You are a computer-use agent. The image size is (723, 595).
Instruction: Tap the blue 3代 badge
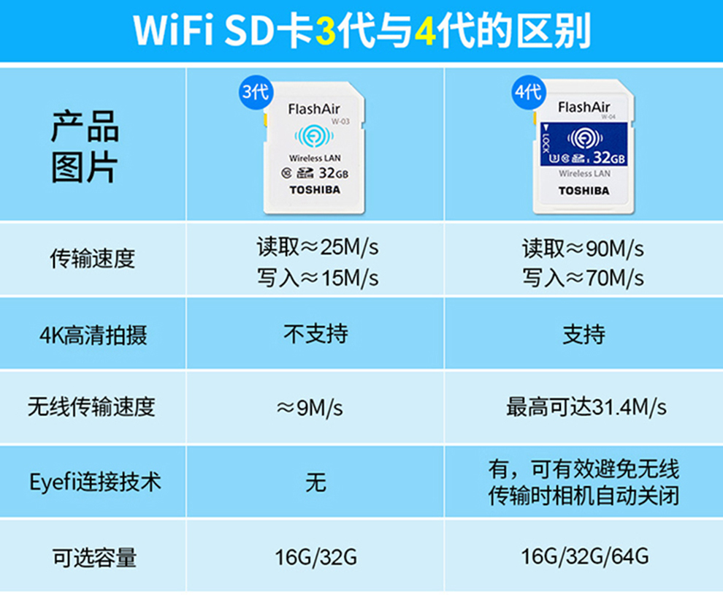(256, 92)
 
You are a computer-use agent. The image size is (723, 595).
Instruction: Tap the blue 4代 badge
(529, 92)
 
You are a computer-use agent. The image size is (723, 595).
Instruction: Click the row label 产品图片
(85, 147)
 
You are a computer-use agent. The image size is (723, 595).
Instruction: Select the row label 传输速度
(92, 259)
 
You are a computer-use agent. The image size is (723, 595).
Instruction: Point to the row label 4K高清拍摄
(93, 335)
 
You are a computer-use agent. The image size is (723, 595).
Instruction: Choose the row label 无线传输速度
(91, 407)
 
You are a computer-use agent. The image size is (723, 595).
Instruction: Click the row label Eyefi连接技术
(95, 482)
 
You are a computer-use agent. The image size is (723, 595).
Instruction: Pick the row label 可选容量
(94, 558)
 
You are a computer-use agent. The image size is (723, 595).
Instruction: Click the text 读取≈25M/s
(318, 247)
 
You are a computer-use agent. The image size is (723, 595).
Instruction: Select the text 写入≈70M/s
(583, 278)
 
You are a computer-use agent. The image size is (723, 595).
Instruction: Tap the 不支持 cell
(315, 334)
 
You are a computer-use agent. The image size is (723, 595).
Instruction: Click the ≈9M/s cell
(310, 408)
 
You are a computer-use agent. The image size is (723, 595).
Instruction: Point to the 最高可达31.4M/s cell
(586, 407)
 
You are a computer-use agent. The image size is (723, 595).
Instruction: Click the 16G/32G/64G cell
(585, 556)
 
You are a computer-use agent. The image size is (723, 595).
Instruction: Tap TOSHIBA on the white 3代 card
(315, 190)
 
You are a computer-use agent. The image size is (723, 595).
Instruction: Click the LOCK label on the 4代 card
(546, 140)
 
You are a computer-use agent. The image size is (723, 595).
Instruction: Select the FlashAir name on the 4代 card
(584, 107)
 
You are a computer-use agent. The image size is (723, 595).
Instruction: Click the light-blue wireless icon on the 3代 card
(314, 136)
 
